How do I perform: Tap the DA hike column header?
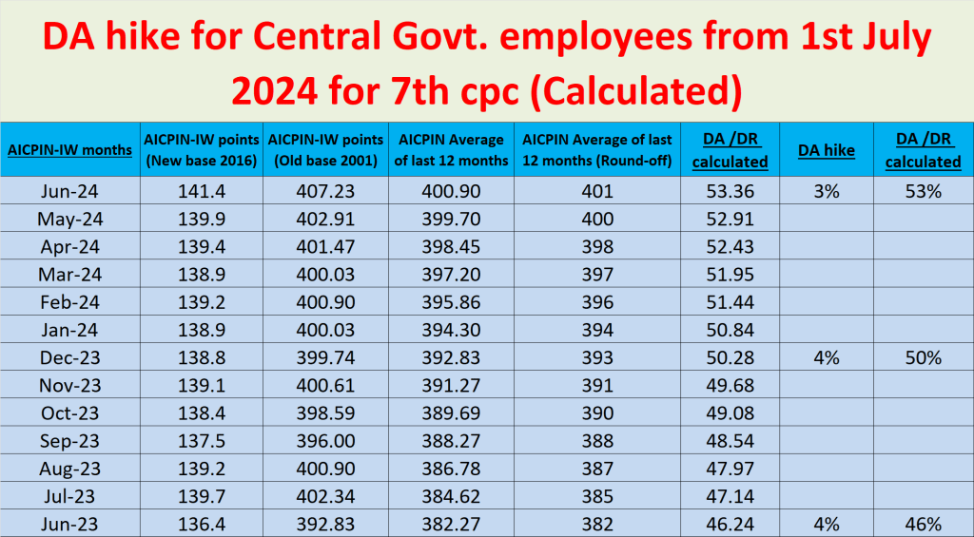pos(826,150)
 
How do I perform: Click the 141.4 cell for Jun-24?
pos(202,192)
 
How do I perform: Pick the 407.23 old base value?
pos(327,192)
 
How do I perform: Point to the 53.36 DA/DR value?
pos(730,192)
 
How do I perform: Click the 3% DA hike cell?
pos(826,192)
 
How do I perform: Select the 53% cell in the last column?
pos(923,192)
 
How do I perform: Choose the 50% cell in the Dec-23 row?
pos(923,357)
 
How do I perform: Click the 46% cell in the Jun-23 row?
pos(923,524)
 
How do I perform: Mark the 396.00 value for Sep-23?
pos(327,441)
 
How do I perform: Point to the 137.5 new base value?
pos(202,441)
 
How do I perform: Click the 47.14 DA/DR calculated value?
pos(730,496)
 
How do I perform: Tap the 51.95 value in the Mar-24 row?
pos(730,275)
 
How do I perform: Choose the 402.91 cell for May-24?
pos(327,220)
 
